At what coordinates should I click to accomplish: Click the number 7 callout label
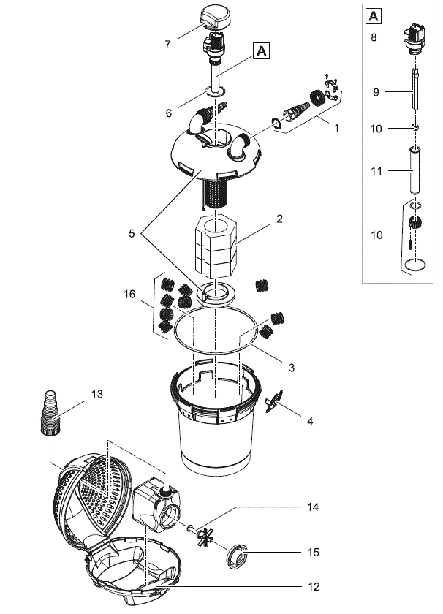point(167,45)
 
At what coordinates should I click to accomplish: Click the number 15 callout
point(313,552)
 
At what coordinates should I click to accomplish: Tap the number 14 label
point(313,506)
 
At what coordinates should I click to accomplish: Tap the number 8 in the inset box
point(374,37)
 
